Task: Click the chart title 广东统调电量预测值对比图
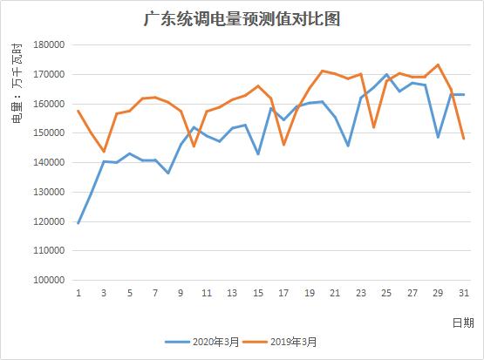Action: pyautogui.click(x=242, y=18)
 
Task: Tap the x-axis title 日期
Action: pyautogui.click(x=463, y=322)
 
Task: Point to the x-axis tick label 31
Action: pyautogui.click(x=463, y=293)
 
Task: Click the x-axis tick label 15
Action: pyautogui.click(x=258, y=293)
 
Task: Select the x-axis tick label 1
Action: pyautogui.click(x=78, y=293)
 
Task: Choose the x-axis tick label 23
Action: pyautogui.click(x=361, y=293)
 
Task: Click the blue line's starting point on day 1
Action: pyautogui.click(x=78, y=223)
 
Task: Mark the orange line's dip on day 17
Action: pyautogui.click(x=283, y=144)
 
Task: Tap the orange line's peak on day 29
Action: pyautogui.click(x=438, y=65)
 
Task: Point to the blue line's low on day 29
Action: pyautogui.click(x=438, y=137)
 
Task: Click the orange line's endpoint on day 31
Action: pyautogui.click(x=463, y=139)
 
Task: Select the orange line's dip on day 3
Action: pyautogui.click(x=104, y=152)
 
